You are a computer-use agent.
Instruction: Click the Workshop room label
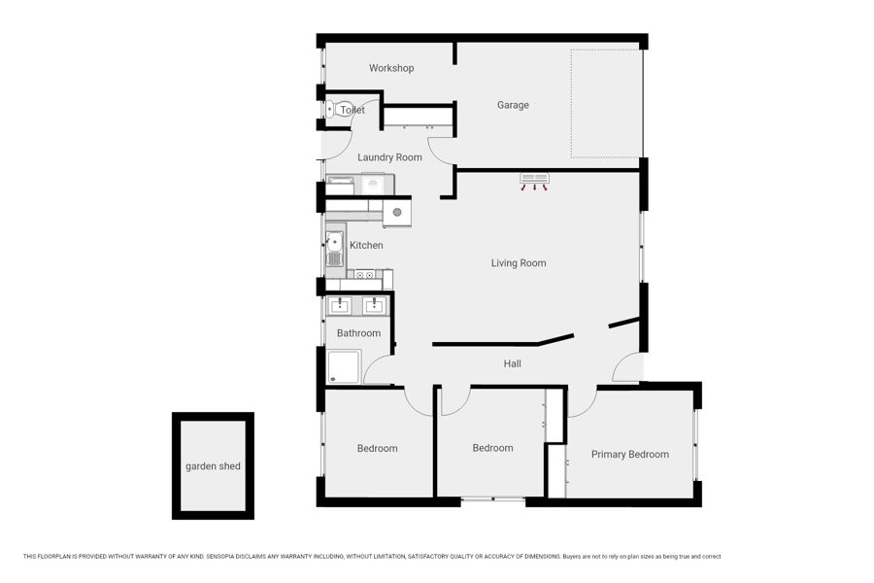pyautogui.click(x=391, y=68)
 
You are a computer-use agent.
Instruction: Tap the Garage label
pyautogui.click(x=513, y=105)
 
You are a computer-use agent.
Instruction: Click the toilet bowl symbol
pyautogui.click(x=333, y=110)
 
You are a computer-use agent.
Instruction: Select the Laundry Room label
pyautogui.click(x=389, y=157)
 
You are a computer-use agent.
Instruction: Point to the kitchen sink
pyautogui.click(x=334, y=249)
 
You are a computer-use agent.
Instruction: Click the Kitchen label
pyautogui.click(x=366, y=245)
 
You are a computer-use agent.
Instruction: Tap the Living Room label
pyautogui.click(x=519, y=262)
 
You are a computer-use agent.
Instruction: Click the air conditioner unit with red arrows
pyautogui.click(x=534, y=182)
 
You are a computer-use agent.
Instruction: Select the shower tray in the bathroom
pyautogui.click(x=344, y=367)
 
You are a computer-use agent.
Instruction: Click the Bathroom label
pyautogui.click(x=358, y=333)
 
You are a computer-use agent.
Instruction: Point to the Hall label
pyautogui.click(x=512, y=363)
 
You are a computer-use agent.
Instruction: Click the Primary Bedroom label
pyautogui.click(x=630, y=454)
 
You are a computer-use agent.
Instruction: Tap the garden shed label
pyautogui.click(x=213, y=466)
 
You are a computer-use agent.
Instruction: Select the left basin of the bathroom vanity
pyautogui.click(x=340, y=305)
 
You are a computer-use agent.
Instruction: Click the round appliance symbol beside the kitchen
pyautogui.click(x=397, y=212)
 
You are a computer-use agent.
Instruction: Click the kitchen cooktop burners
pyautogui.click(x=364, y=274)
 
